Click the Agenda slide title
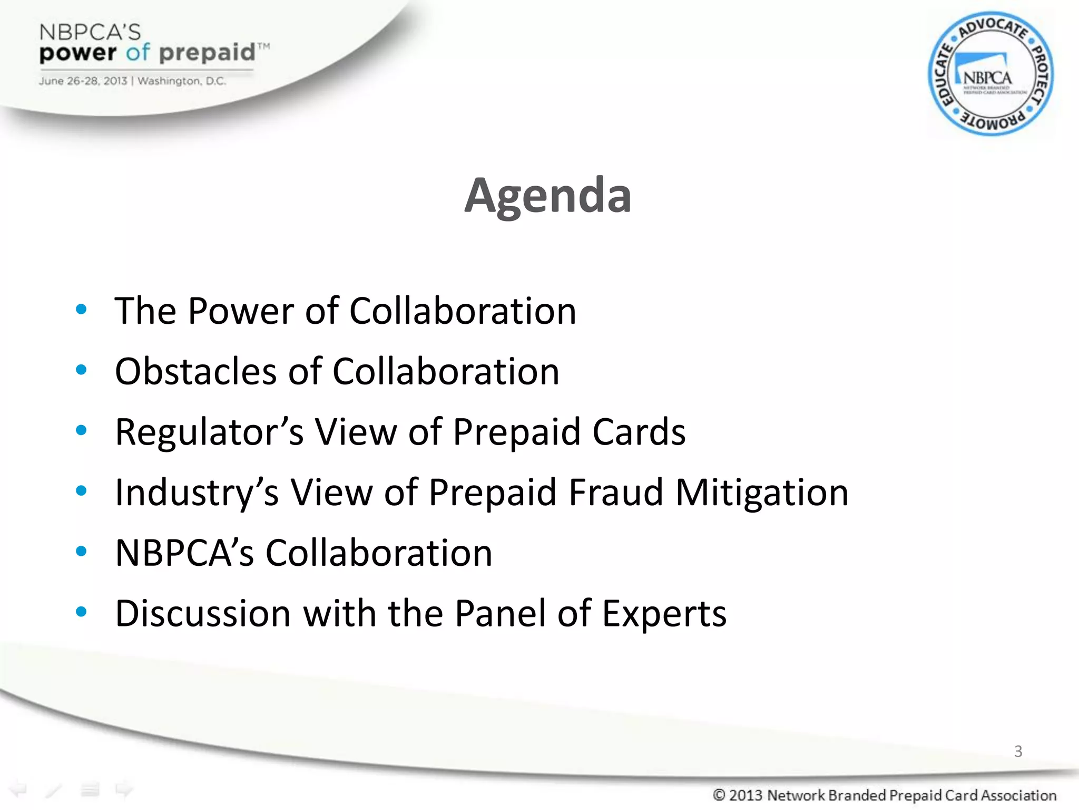(x=547, y=196)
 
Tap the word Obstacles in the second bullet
(x=195, y=371)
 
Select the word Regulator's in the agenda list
(x=209, y=432)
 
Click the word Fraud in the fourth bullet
(x=616, y=493)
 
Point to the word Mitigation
(x=762, y=493)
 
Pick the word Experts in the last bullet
(x=664, y=613)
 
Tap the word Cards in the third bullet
(x=639, y=432)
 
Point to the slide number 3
(x=1018, y=751)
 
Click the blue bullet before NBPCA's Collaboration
(x=81, y=552)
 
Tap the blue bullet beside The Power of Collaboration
(x=81, y=310)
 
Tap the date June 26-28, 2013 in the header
(x=83, y=81)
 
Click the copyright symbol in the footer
(x=719, y=795)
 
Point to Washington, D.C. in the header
(x=182, y=81)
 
